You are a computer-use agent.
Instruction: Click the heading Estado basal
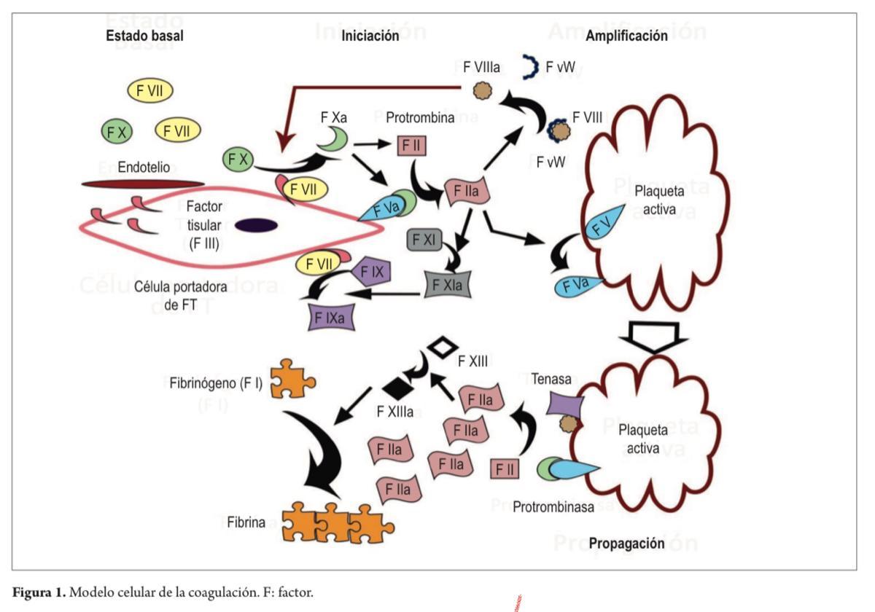click(x=144, y=36)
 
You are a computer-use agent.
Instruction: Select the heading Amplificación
click(x=626, y=36)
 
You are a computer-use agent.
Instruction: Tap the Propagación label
click(x=626, y=544)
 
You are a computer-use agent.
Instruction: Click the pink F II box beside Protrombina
click(x=410, y=146)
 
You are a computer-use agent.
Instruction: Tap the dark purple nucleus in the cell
click(x=256, y=226)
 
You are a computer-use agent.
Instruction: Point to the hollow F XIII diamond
click(x=440, y=346)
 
